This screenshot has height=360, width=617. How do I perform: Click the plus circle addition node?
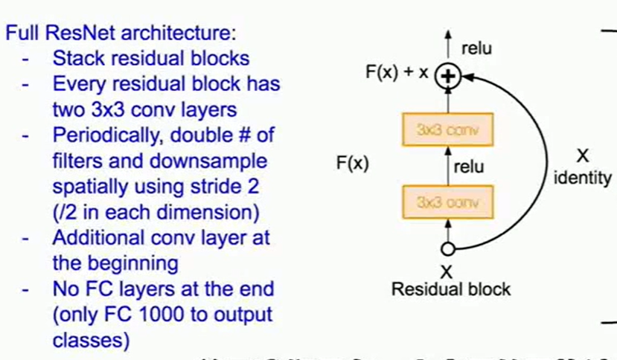point(448,75)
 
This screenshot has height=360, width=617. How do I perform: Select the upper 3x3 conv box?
point(447,129)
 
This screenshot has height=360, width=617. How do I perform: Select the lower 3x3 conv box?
point(447,202)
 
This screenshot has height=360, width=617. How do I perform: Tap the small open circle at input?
point(447,249)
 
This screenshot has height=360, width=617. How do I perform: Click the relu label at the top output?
point(476,49)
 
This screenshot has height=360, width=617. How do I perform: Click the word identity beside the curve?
point(584,179)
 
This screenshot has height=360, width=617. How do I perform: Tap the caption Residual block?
point(451,289)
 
